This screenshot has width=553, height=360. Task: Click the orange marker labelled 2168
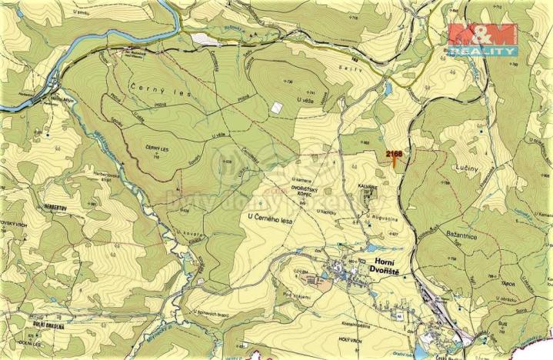click(x=395, y=156)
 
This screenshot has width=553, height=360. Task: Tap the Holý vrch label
click(x=351, y=338)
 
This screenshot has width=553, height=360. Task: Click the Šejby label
click(x=357, y=69)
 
